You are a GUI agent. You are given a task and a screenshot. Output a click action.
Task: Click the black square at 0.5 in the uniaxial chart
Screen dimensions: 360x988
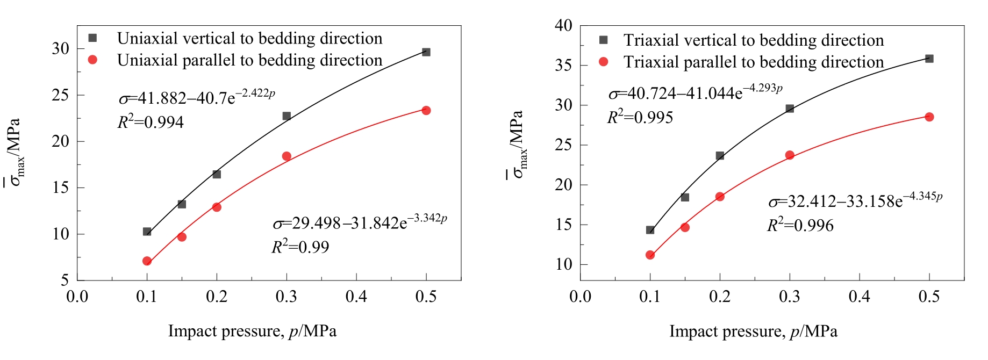tap(426, 52)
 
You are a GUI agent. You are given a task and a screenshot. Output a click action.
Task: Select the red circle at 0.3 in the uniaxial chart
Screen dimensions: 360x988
tap(287, 156)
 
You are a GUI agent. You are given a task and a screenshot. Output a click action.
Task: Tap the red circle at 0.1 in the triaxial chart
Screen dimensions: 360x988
tap(650, 255)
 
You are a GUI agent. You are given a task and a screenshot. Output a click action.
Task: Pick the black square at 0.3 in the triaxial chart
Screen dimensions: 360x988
tap(790, 109)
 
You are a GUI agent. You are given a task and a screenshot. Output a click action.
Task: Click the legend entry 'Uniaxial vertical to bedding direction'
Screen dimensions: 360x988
tap(249, 39)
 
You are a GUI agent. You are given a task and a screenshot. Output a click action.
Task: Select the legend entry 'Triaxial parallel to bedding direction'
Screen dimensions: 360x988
tap(753, 62)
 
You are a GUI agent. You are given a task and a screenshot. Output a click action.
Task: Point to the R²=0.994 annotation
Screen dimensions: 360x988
tap(151, 122)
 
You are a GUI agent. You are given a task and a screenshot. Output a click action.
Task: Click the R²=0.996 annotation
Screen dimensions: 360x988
tap(800, 225)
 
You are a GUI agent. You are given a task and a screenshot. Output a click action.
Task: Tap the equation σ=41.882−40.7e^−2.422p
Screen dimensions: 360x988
tap(197, 97)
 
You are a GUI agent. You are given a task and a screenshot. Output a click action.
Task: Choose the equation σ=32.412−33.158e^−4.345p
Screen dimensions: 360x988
tap(855, 200)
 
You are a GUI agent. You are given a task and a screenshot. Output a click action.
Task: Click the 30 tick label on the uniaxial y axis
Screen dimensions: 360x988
tap(61, 48)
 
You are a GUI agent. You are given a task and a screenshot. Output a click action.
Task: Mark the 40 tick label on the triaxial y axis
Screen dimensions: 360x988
tap(564, 25)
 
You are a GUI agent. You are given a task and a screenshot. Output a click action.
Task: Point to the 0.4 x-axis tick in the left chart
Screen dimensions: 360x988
tap(356, 297)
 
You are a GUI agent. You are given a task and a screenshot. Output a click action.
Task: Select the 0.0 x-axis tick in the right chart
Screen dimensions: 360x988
tap(581, 297)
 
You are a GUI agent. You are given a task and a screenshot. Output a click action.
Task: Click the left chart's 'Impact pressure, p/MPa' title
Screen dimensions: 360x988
tap(252, 331)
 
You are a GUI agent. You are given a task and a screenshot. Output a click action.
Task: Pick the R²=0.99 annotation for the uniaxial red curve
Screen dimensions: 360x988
tap(300, 247)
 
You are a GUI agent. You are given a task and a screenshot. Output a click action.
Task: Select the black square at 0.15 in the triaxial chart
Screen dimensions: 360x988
tap(685, 198)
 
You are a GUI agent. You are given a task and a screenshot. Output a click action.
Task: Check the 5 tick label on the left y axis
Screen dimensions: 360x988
tap(65, 280)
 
